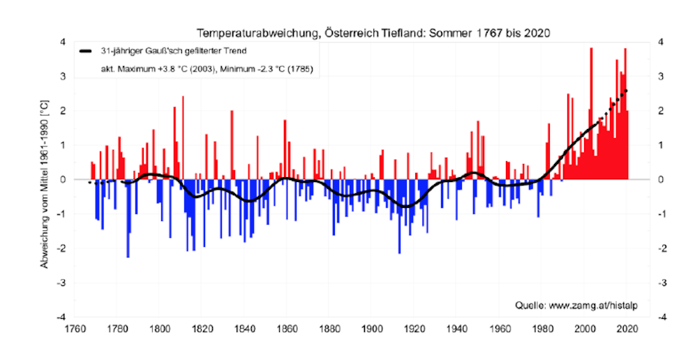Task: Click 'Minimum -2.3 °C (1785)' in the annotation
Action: (x=266, y=70)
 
